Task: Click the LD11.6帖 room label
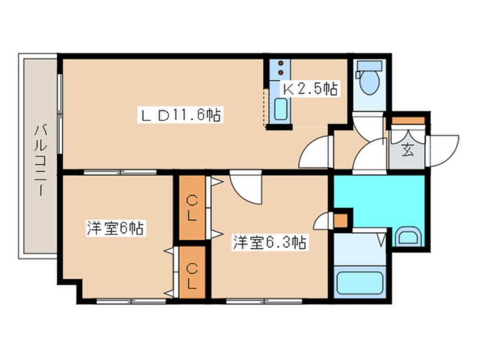(180, 115)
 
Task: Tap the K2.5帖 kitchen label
(310, 89)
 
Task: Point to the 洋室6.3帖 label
(269, 243)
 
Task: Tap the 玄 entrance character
(407, 150)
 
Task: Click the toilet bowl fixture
(369, 83)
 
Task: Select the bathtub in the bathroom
(359, 282)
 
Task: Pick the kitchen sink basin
(280, 110)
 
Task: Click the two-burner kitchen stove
(280, 69)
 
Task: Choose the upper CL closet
(192, 207)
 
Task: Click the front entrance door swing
(445, 149)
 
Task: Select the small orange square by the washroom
(342, 219)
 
